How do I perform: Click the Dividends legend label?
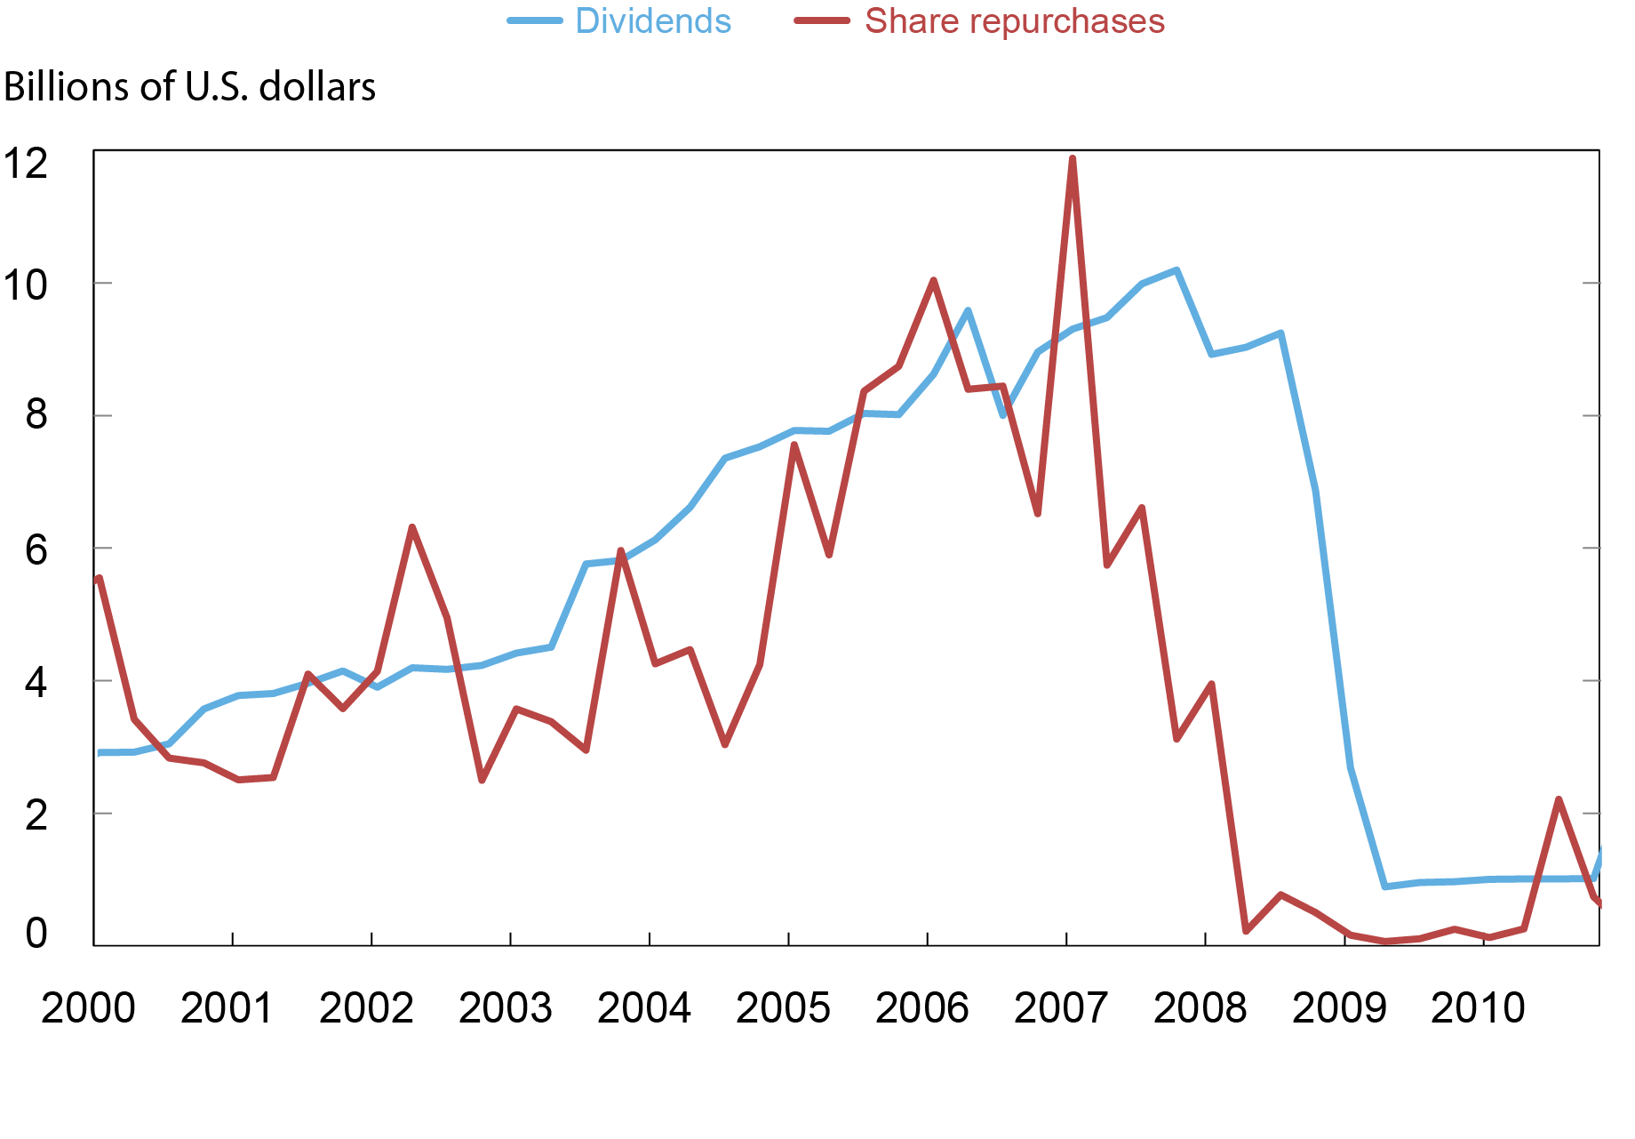[x=652, y=21]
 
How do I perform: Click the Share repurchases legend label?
[x=1014, y=21]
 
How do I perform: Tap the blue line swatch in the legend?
[x=535, y=21]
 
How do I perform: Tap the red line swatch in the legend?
[x=822, y=21]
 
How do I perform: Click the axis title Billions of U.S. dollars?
[x=189, y=87]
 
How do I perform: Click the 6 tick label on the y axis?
[x=36, y=549]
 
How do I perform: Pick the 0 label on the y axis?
[x=36, y=933]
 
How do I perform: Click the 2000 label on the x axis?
[x=88, y=1008]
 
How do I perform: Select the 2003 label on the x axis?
[x=505, y=1008]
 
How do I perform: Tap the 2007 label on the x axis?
[x=1061, y=1008]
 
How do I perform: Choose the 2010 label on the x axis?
[x=1478, y=1008]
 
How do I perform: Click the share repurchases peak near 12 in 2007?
[x=1073, y=159]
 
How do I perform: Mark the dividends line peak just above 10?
[x=1176, y=270]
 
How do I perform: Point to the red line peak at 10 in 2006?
[x=933, y=281]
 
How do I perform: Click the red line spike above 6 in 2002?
[x=412, y=528]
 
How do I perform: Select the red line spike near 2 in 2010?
[x=1559, y=799]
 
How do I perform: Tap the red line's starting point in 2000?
[x=99, y=579]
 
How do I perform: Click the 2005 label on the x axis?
[x=783, y=1008]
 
